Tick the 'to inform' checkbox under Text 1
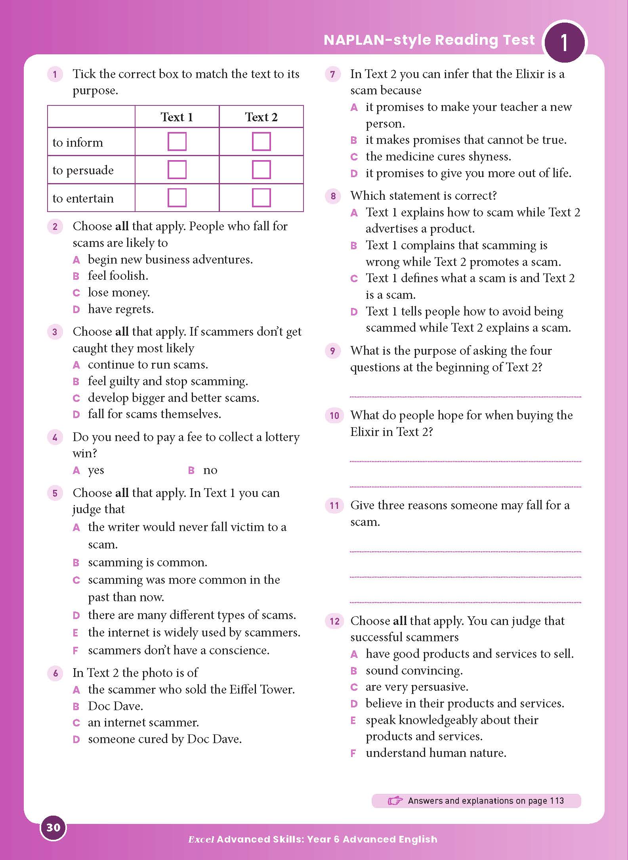[x=177, y=141]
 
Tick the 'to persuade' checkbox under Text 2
[x=261, y=170]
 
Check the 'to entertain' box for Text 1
[x=177, y=198]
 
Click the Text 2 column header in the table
[x=261, y=117]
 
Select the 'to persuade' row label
[x=83, y=170]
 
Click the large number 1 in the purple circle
[x=564, y=43]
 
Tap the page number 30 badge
[x=53, y=828]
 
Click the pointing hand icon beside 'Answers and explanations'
[x=395, y=801]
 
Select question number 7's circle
[x=333, y=74]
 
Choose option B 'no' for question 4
[x=191, y=470]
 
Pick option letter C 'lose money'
[x=76, y=293]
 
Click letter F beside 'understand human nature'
[x=353, y=753]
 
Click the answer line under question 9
[x=465, y=396]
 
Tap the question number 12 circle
[x=334, y=621]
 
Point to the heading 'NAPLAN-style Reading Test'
[x=429, y=40]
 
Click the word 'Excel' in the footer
[x=201, y=839]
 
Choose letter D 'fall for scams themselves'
[x=76, y=415]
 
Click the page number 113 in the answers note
[x=557, y=801]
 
